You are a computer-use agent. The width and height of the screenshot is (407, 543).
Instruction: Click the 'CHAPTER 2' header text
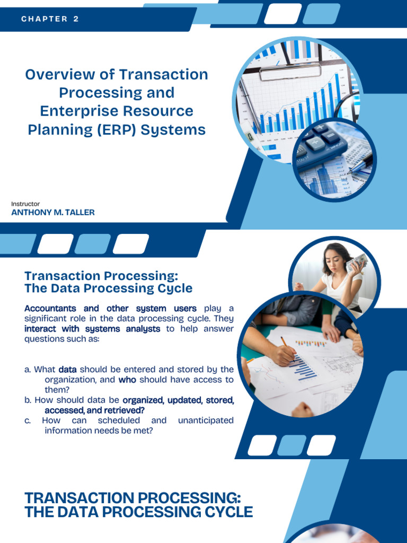50,19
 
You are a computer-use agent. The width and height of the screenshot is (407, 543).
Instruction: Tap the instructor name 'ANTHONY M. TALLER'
53,213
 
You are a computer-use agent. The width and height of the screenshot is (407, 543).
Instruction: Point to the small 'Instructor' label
25,204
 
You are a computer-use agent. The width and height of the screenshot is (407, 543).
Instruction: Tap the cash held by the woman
358,261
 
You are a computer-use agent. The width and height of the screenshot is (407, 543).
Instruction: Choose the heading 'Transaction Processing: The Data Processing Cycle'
108,282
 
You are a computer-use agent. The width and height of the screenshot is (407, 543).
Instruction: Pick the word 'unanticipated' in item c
206,421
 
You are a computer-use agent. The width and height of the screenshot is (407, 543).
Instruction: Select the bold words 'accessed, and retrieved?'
94,410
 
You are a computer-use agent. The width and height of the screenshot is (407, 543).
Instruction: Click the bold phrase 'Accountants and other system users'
110,309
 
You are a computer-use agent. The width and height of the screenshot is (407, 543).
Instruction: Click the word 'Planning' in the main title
58,130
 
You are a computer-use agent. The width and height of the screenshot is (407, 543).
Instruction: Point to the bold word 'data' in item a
67,369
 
